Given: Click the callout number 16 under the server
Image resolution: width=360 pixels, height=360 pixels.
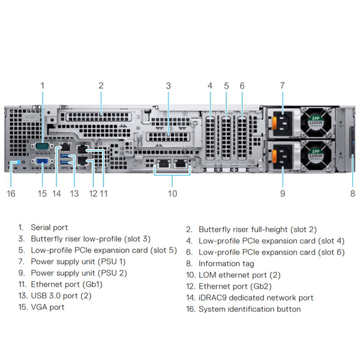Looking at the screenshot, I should click(x=11, y=193).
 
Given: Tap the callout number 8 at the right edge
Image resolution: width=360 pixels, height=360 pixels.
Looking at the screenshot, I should click(x=353, y=193).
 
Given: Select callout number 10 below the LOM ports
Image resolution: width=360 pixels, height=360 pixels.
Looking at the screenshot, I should click(x=173, y=193).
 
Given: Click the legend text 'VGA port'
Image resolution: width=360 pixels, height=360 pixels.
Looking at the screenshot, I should click(x=47, y=307).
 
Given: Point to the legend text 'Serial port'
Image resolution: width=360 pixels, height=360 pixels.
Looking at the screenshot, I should click(x=49, y=227).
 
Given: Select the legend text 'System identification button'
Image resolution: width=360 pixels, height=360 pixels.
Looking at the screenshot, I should click(x=250, y=309).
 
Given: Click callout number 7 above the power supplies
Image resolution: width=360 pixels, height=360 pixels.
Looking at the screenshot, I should click(x=282, y=86).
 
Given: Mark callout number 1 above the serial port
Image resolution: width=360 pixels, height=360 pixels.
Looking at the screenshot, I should click(x=43, y=86).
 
